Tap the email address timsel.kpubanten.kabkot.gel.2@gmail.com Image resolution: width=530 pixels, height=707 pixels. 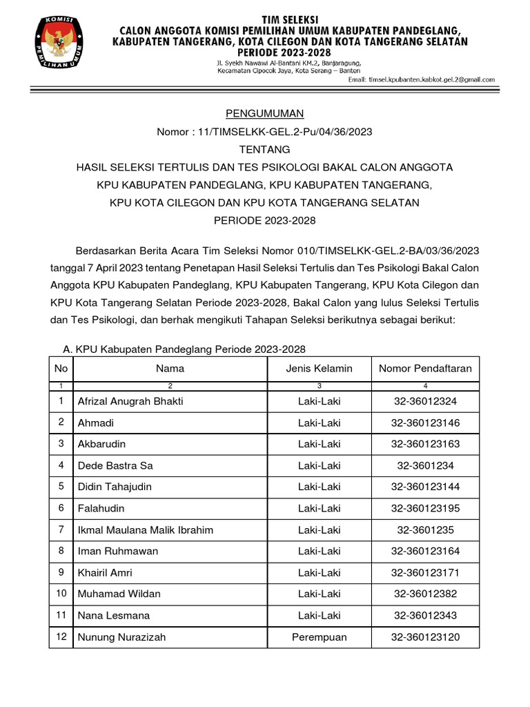click(x=431, y=79)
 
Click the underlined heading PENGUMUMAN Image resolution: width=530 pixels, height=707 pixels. click(x=265, y=113)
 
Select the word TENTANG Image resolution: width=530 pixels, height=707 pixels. click(x=265, y=149)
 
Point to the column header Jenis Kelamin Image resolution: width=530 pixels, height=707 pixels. click(x=319, y=369)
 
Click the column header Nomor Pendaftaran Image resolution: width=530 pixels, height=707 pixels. click(x=425, y=369)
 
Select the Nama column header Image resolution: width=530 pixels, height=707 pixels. click(x=170, y=369)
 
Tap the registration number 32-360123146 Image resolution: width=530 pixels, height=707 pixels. click(x=425, y=423)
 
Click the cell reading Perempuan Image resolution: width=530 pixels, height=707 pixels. click(x=319, y=637)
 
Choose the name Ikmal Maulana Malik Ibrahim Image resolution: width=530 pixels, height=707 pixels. click(x=146, y=530)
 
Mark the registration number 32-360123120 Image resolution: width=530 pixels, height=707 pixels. click(x=425, y=637)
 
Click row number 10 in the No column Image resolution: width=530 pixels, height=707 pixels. click(x=61, y=594)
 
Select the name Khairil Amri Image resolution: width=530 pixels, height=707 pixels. click(x=105, y=573)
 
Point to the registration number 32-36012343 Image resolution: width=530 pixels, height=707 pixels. click(x=425, y=615)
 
